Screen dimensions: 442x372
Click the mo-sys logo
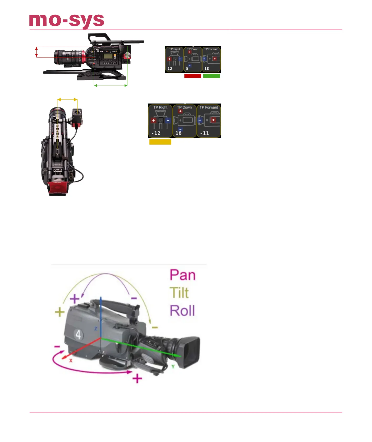pos(67,21)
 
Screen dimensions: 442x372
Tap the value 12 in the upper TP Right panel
pos(170,69)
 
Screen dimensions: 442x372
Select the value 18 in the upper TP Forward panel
pos(207,69)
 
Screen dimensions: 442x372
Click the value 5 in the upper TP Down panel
pos(187,69)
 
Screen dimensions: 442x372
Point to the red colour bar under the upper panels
pos(193,76)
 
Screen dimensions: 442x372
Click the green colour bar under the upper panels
pos(211,76)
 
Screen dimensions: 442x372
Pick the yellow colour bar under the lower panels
pos(160,142)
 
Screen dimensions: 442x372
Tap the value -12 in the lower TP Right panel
pos(156,133)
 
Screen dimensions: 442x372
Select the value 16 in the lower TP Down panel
pos(179,133)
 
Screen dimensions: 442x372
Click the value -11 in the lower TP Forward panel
pos(205,133)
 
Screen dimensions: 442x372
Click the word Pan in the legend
pos(183,275)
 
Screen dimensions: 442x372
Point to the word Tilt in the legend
pos(179,293)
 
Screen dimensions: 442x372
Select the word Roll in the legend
pos(182,311)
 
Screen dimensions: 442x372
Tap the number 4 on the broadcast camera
pos(78,335)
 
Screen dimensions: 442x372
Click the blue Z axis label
pos(96,329)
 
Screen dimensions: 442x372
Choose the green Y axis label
pos(173,366)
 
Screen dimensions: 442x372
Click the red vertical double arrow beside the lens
pos(37,52)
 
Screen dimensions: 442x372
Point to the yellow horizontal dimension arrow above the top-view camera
pos(67,99)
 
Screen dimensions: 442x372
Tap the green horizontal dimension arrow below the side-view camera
pos(111,85)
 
